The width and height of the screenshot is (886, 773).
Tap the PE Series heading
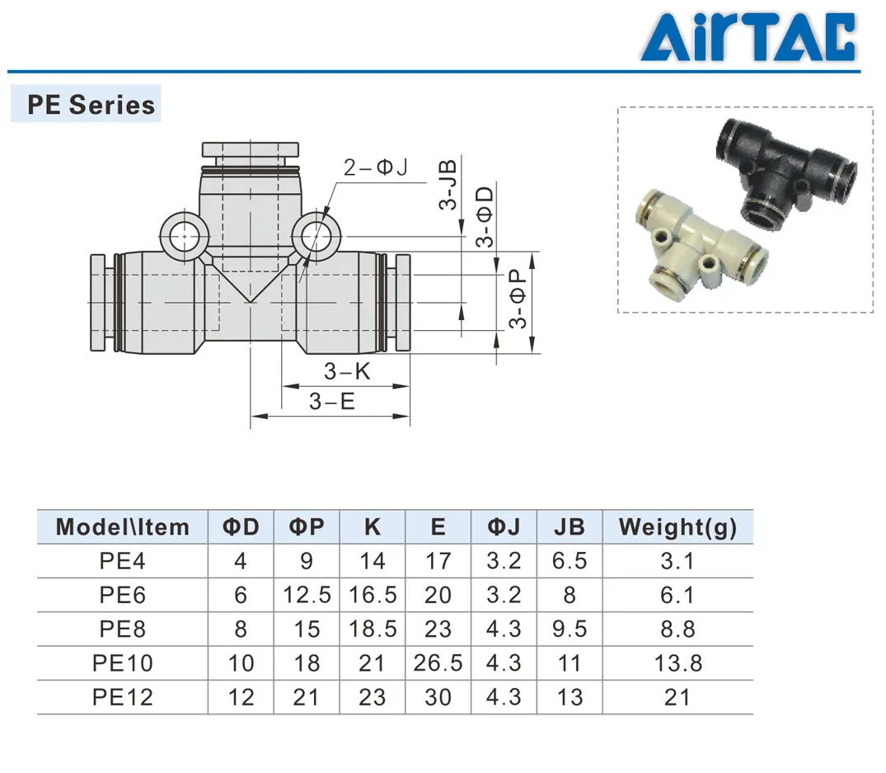point(91,105)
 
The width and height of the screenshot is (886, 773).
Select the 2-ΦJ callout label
point(375,168)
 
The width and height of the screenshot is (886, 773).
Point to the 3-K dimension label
point(347,371)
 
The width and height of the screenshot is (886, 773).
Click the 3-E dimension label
point(331,402)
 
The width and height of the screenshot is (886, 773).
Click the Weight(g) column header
point(677,526)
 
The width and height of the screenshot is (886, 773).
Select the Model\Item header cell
point(123,526)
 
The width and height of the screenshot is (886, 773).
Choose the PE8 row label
point(122,629)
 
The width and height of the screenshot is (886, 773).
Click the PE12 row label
point(122,697)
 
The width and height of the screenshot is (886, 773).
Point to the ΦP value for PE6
point(306,595)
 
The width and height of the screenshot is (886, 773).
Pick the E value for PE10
point(438,662)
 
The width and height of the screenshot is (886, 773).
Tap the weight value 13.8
point(677,662)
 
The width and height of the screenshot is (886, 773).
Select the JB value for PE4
point(569,561)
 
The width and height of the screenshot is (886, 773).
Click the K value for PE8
point(372,629)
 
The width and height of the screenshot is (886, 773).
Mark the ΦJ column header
point(504,526)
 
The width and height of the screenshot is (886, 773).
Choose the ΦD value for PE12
point(241,697)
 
